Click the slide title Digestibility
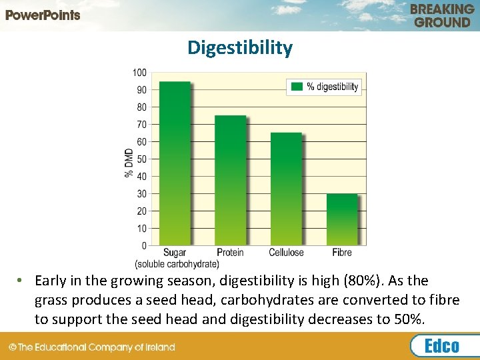click(239, 48)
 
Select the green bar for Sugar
click(175, 163)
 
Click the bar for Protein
click(230, 180)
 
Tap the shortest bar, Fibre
click(341, 219)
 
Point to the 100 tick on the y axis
click(140, 72)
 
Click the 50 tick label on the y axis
click(142, 159)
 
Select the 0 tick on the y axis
click(144, 246)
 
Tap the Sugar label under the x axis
click(175, 253)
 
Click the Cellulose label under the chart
click(286, 253)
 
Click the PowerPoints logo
click(43, 15)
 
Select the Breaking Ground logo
click(442, 15)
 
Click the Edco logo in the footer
click(443, 346)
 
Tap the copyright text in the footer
click(91, 347)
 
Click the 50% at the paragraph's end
click(409, 319)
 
